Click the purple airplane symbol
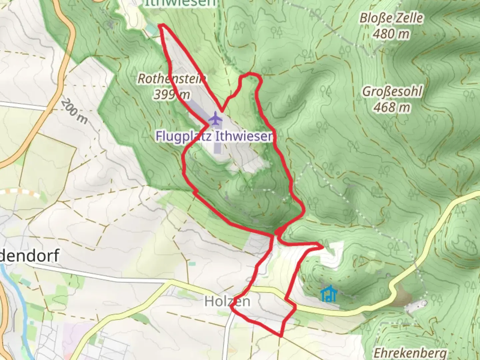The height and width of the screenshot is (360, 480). pyautogui.click(x=216, y=119)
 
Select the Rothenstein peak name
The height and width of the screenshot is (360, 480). pyautogui.click(x=171, y=79)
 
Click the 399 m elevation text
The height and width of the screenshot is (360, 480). pyautogui.click(x=171, y=95)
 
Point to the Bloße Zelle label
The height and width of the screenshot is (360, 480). pyautogui.click(x=391, y=18)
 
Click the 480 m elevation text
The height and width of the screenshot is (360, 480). pyautogui.click(x=391, y=34)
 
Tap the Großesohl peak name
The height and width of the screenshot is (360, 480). pyautogui.click(x=392, y=91)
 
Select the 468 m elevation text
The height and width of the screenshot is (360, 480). pyautogui.click(x=392, y=107)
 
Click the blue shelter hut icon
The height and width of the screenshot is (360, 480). pyautogui.click(x=329, y=294)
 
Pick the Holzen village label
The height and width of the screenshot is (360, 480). pyautogui.click(x=227, y=301)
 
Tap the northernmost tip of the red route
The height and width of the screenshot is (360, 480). pyautogui.click(x=161, y=26)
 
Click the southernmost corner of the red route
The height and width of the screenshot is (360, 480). pyautogui.click(x=281, y=335)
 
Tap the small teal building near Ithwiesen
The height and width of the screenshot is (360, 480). pyautogui.click(x=152, y=30)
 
